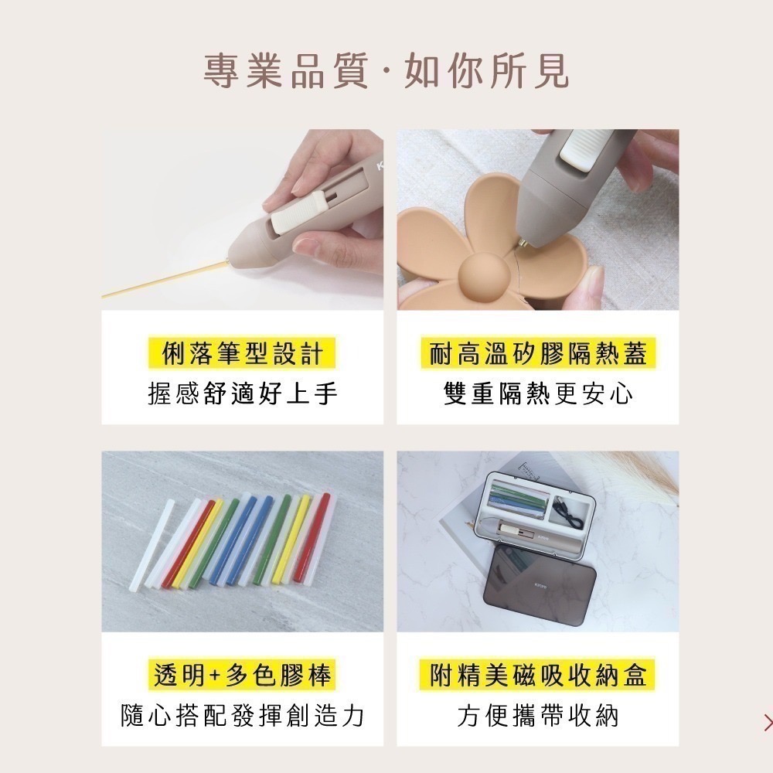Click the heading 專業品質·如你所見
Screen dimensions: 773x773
(x=386, y=72)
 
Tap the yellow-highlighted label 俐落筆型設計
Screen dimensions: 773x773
(x=242, y=354)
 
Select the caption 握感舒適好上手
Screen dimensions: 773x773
(x=242, y=394)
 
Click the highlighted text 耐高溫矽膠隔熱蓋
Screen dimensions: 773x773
(x=538, y=354)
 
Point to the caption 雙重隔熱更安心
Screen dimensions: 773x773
(x=538, y=394)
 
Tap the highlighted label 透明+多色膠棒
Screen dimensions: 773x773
(x=242, y=675)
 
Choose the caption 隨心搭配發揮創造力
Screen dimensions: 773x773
(x=242, y=716)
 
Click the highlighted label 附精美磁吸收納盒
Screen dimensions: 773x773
(x=538, y=675)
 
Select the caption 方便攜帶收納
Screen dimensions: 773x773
(x=538, y=716)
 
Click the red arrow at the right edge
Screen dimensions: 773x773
(x=767, y=722)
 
